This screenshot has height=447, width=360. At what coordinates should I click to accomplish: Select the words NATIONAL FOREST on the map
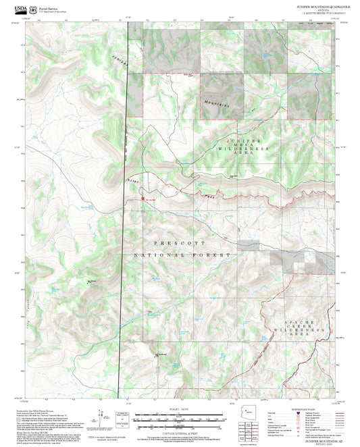[182, 255]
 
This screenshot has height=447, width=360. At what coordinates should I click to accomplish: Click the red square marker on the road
[143, 198]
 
